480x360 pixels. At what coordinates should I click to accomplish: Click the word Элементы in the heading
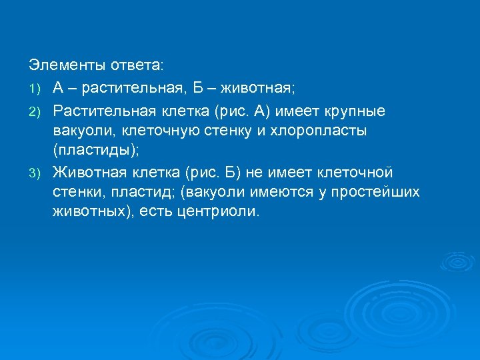point(61,65)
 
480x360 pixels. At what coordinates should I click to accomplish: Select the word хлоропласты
point(321,129)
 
